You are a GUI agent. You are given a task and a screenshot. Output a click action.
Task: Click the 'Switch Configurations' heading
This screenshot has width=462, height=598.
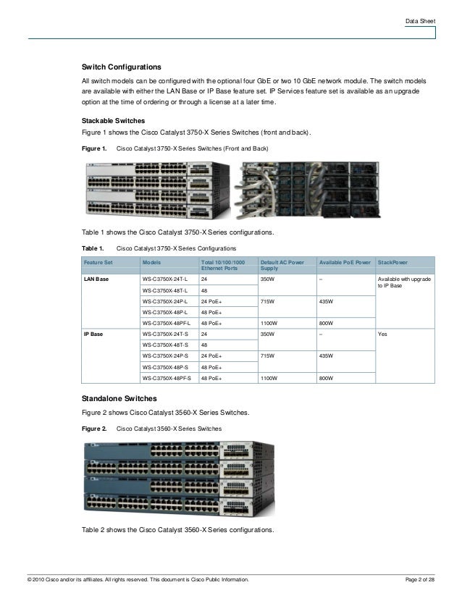pos(120,66)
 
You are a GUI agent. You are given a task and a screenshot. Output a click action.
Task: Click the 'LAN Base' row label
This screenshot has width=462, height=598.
pos(97,278)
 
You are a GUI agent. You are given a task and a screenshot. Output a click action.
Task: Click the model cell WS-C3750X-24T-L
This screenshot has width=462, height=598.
pos(165,278)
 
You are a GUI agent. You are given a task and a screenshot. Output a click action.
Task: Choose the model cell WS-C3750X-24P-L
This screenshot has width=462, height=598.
pos(165,300)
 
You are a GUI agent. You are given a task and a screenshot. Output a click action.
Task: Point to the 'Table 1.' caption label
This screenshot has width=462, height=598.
pos(92,248)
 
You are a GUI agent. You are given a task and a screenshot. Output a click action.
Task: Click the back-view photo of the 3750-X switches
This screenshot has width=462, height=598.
pos(312,189)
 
